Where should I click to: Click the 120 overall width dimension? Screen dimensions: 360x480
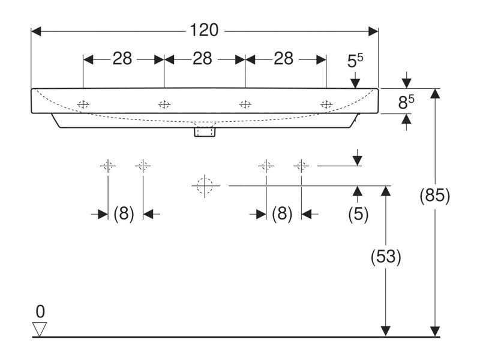point(205,29)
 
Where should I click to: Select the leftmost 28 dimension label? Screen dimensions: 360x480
point(122,59)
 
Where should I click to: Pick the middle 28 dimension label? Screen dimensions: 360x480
point(203,59)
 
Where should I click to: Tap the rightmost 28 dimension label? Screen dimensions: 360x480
point(283,59)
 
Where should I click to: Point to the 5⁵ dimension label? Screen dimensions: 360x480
point(356,60)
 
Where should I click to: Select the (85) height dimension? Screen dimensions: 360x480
point(434,196)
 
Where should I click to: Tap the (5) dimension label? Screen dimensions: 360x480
point(358,214)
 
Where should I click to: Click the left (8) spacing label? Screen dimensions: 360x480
point(124,214)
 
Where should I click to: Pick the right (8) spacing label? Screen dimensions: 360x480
point(282,214)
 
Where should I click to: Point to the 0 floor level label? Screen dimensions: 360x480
point(40,311)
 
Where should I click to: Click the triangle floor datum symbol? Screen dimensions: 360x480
point(40,328)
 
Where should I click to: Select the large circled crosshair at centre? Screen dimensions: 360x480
point(205,185)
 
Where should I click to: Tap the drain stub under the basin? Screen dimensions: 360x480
point(204,131)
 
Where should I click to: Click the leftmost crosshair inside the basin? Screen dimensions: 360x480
point(83,104)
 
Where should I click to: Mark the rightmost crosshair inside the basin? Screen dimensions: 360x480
point(326,104)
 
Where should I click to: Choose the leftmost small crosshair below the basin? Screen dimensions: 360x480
point(108,166)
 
